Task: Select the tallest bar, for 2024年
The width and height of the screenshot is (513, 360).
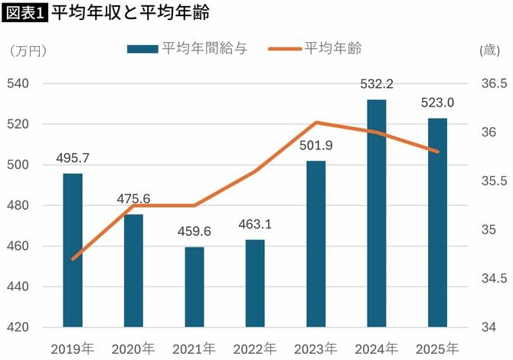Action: tap(377, 214)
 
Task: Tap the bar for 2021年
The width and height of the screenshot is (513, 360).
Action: tap(194, 287)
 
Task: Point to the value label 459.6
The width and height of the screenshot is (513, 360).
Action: tap(194, 232)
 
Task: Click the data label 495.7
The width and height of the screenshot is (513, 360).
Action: tap(73, 158)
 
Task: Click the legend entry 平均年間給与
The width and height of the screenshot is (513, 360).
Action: tap(188, 49)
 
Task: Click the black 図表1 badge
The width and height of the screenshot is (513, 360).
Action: tap(25, 13)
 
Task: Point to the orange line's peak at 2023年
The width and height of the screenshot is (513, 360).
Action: tap(316, 122)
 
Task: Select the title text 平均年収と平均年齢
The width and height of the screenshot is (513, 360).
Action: tap(129, 13)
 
